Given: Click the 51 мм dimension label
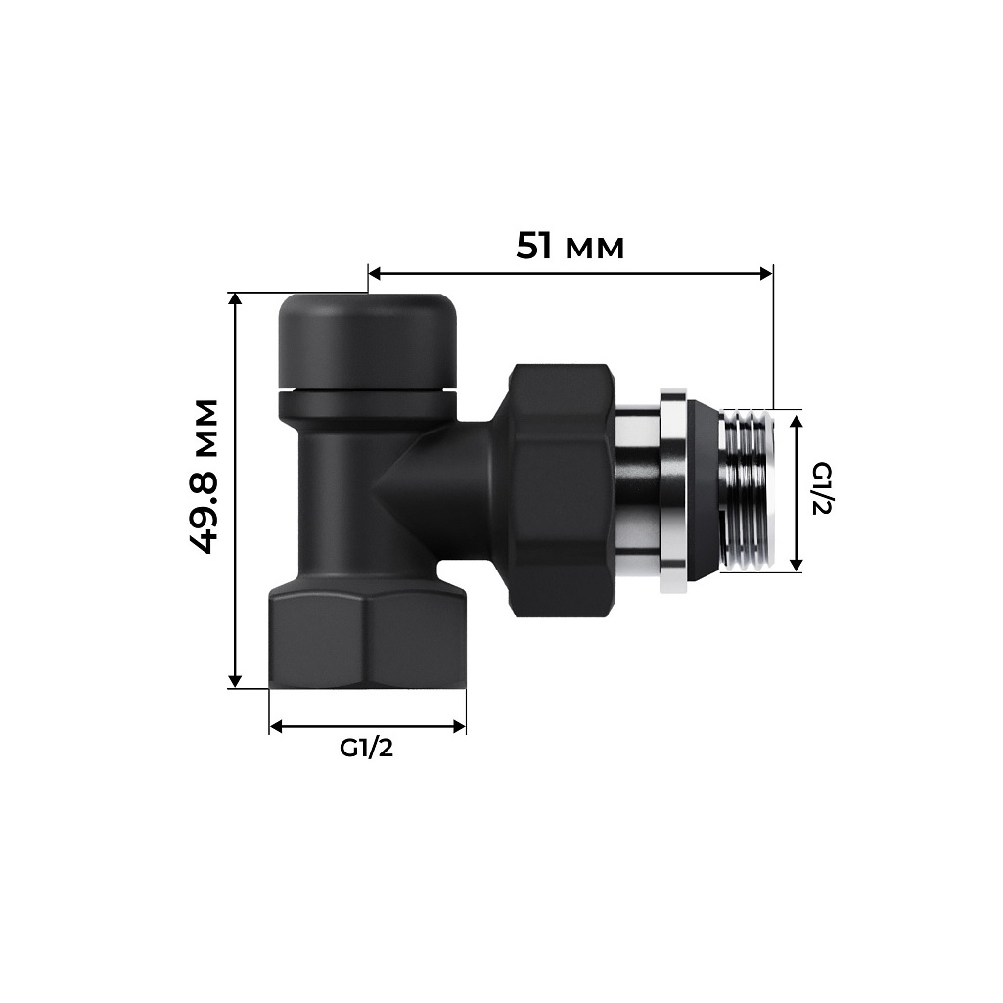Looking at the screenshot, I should click(x=570, y=246).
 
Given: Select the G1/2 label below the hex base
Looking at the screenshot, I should click(x=366, y=749).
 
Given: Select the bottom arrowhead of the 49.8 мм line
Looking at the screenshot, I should click(x=235, y=679).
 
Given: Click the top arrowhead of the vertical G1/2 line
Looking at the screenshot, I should click(x=797, y=421).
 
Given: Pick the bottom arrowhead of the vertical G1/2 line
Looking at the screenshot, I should click(x=797, y=563).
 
